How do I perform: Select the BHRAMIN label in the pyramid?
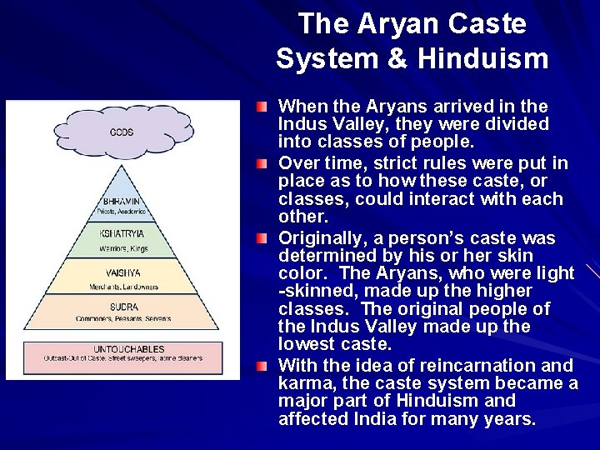click(122, 201)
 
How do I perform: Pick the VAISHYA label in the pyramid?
click(122, 272)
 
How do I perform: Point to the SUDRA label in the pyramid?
click(122, 307)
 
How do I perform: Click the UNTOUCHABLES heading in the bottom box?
click(122, 349)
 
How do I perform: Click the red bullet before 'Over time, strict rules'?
click(262, 163)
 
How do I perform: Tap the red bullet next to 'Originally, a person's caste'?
click(262, 238)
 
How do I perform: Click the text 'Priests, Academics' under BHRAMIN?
click(122, 212)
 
